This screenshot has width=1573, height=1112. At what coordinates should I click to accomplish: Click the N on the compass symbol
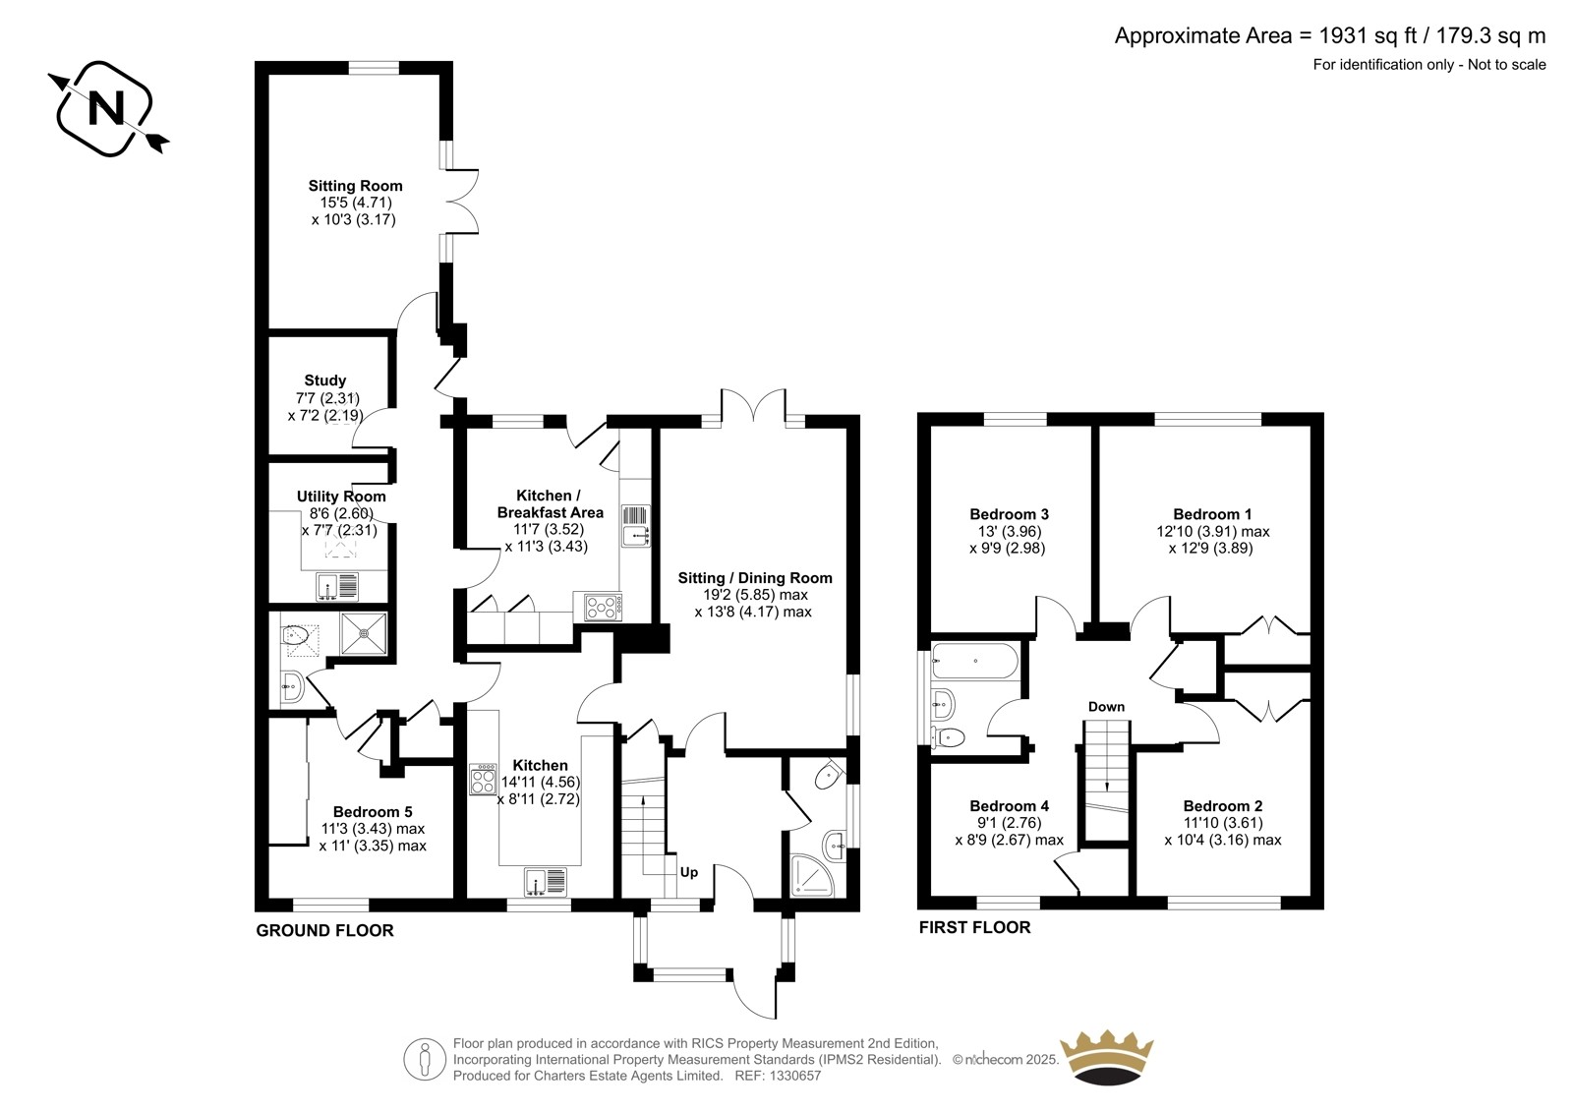pos(106,109)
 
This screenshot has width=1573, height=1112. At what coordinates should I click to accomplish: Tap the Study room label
pos(325,380)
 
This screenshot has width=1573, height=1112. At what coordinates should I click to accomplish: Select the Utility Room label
pos(341,496)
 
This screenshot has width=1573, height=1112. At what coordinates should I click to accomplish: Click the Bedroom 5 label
pos(373,812)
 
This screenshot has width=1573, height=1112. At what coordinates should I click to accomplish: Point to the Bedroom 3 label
pos(1009,514)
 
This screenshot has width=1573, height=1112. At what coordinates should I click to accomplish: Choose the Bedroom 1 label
pos(1212,514)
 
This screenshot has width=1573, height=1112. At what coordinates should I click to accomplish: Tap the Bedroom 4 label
pos(1009,805)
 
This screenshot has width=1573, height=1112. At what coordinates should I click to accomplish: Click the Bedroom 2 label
pos(1223,805)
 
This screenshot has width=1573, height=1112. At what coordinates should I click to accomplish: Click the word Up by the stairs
pos(689,872)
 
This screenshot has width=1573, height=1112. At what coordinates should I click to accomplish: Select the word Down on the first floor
pos(1107,707)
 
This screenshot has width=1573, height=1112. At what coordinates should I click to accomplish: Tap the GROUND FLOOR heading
pos(324,931)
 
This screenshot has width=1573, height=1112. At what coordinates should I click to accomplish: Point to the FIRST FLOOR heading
pos(974,927)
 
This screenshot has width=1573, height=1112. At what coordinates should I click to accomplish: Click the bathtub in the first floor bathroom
pos(974,661)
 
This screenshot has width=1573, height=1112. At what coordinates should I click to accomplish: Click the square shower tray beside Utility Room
pos(364,633)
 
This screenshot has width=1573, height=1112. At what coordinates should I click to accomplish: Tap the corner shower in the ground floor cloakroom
pos(813,875)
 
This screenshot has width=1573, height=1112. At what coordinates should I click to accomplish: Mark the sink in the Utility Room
pos(337,587)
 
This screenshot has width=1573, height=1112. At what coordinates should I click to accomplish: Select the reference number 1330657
pos(794,1076)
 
